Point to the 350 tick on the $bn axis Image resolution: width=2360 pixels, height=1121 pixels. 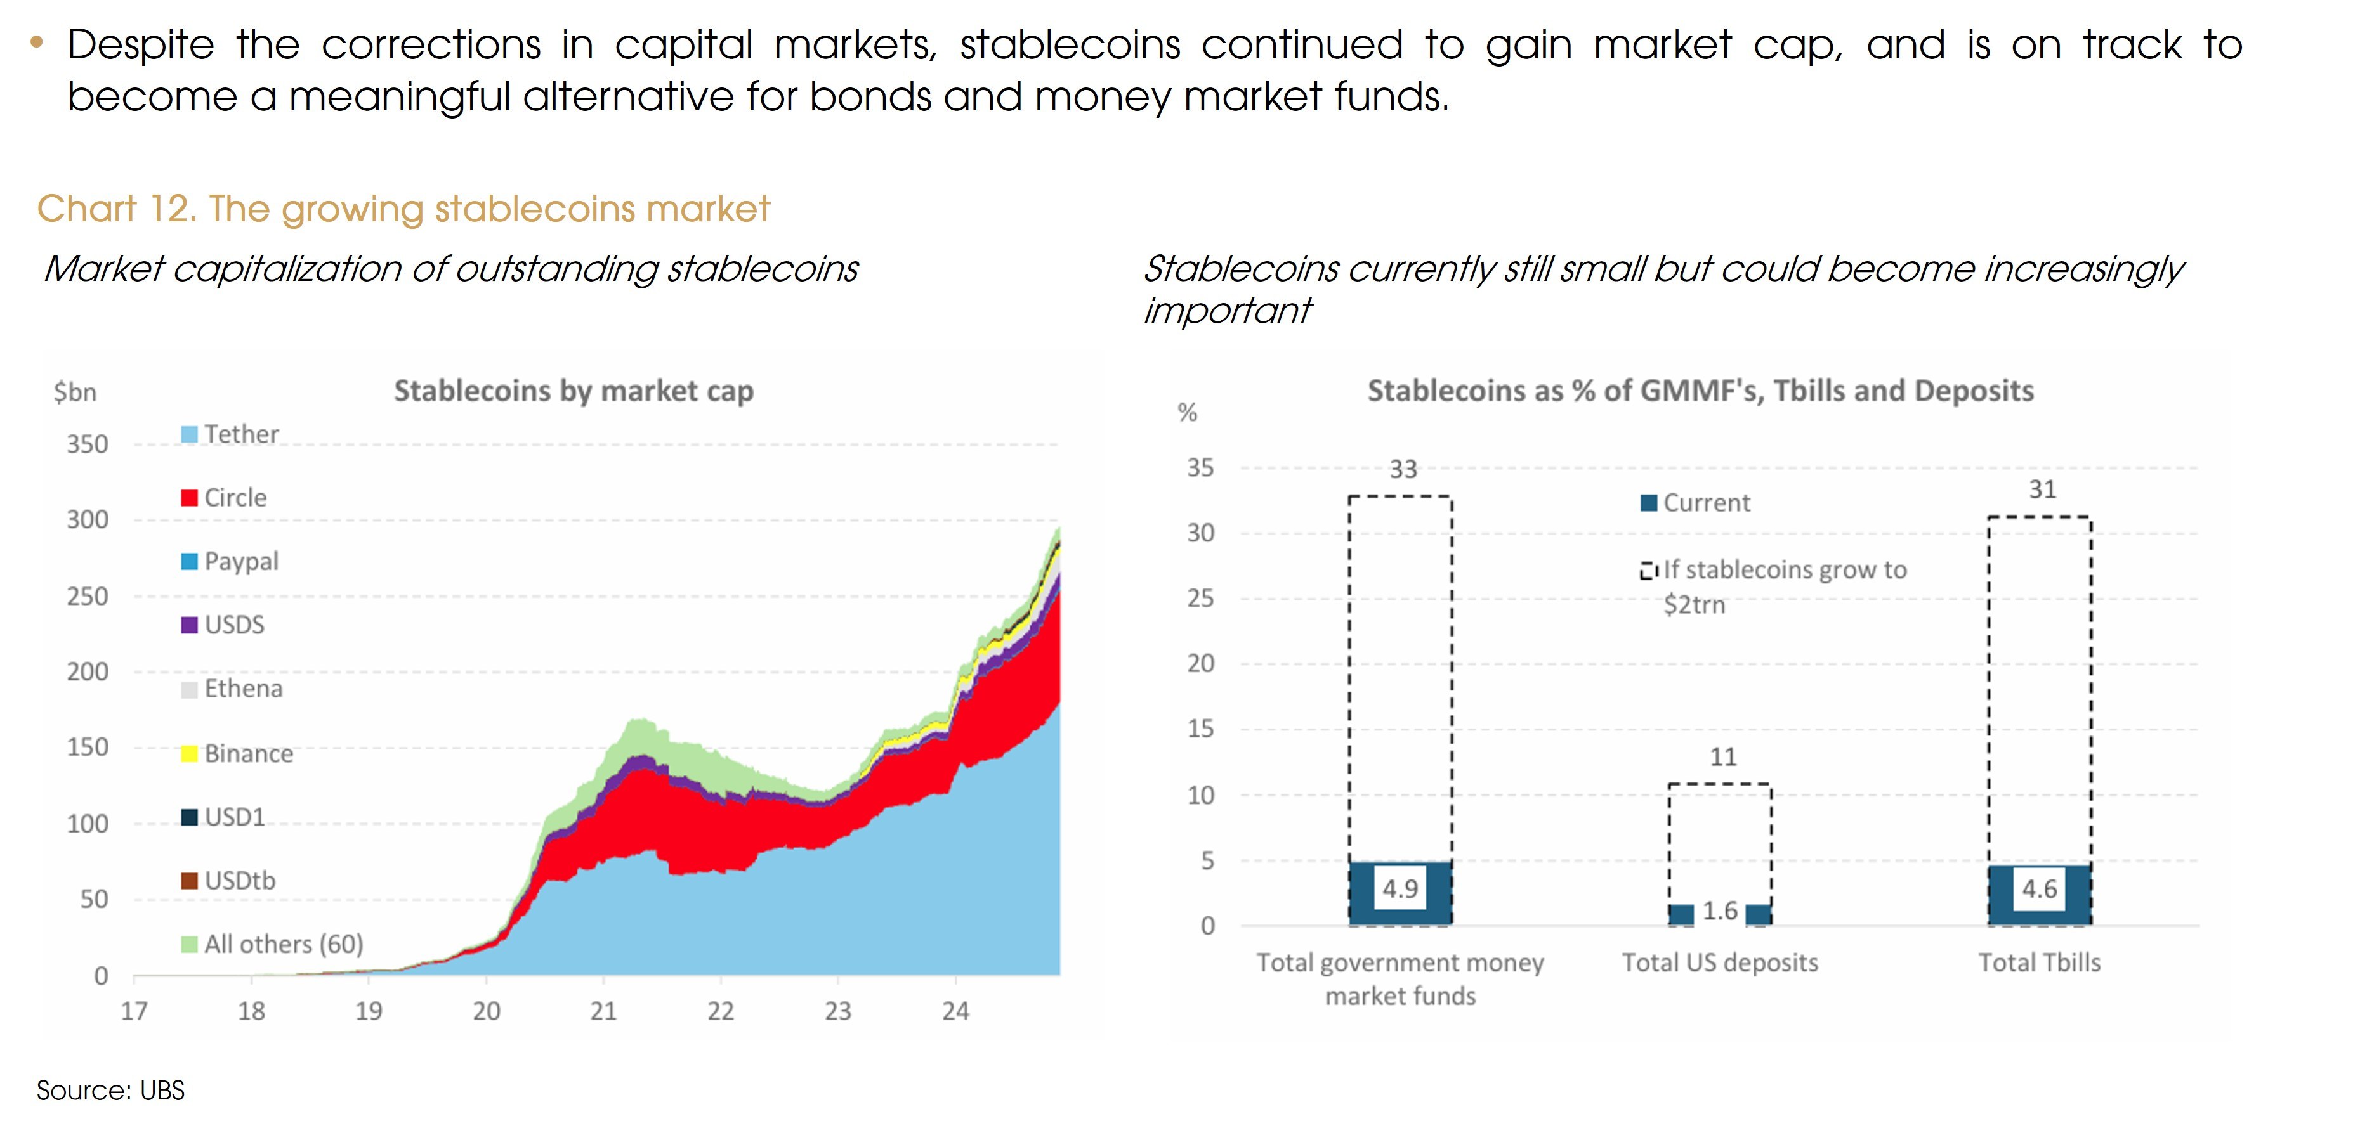point(87,444)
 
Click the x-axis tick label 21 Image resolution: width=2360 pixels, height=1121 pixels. point(603,1011)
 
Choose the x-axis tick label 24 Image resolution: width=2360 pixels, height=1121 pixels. point(955,1011)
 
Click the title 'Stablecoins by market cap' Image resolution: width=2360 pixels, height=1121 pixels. point(574,391)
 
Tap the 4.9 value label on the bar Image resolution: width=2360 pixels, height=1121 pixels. point(1400,888)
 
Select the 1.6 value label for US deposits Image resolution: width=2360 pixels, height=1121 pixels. point(1720,911)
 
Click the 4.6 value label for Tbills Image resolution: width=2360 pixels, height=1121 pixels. point(2040,890)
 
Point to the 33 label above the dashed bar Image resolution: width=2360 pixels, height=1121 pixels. point(1403,470)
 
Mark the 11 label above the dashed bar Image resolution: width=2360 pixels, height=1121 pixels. point(1722,758)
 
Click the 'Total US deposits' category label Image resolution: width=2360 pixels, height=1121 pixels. point(1720,962)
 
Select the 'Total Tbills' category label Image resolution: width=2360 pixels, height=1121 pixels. point(2040,962)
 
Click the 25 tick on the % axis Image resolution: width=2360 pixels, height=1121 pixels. point(1200,599)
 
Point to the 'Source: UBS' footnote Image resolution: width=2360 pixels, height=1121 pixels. point(111,1091)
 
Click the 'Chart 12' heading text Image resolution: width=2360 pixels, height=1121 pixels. point(403,209)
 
